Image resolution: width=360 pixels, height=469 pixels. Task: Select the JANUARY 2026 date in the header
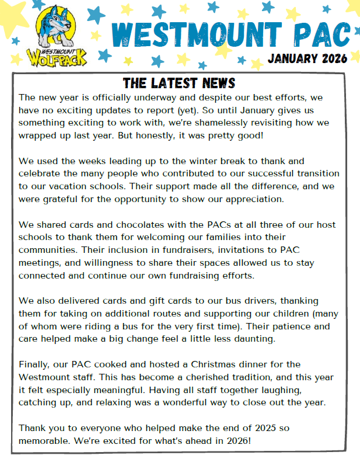pyautogui.click(x=307, y=59)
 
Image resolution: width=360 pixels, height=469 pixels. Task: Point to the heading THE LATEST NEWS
pyautogui.click(x=179, y=84)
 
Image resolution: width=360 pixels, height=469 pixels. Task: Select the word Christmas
pyautogui.click(x=224, y=364)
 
